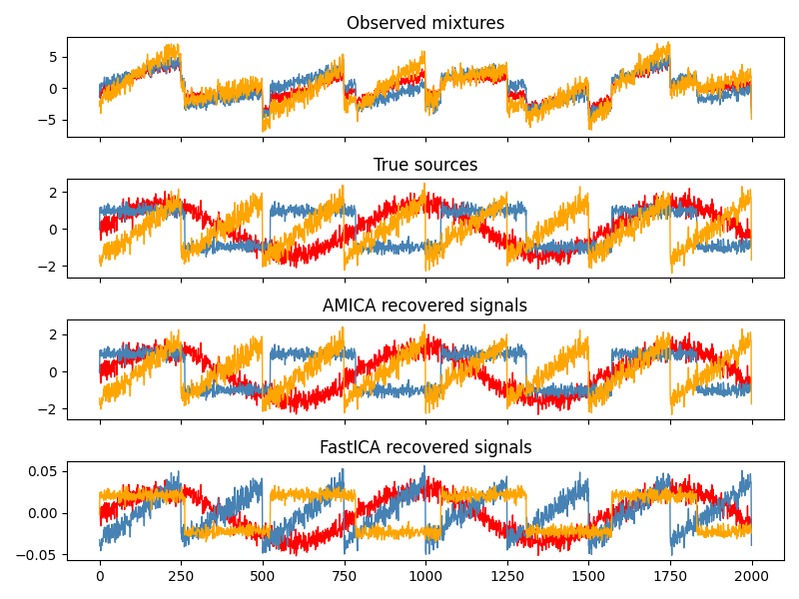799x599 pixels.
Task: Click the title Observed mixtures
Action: (425, 23)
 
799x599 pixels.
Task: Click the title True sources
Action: (425, 165)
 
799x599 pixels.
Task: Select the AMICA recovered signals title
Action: (425, 305)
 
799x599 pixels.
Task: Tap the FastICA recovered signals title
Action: (425, 447)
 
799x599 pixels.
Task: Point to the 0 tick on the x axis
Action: (100, 577)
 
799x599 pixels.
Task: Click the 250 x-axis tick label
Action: (181, 577)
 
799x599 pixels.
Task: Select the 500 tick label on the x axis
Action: (263, 577)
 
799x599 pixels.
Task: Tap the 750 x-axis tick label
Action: (345, 577)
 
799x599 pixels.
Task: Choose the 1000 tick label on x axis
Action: (425, 577)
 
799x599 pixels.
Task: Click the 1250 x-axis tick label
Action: (507, 577)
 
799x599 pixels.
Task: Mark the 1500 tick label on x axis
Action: (588, 577)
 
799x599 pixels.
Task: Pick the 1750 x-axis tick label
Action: (670, 577)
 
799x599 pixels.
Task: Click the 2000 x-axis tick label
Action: (752, 577)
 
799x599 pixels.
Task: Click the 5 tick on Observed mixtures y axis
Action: (55, 57)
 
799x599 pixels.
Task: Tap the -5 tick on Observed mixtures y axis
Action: (51, 120)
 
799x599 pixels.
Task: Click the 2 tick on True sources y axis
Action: (55, 192)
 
